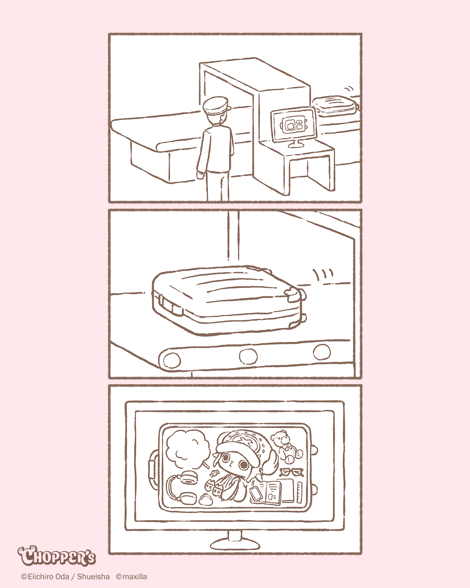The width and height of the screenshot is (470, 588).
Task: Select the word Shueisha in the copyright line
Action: pyautogui.click(x=93, y=577)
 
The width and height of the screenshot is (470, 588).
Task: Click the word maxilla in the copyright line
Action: pyautogui.click(x=134, y=577)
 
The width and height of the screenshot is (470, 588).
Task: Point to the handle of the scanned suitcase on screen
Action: pyautogui.click(x=154, y=469)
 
